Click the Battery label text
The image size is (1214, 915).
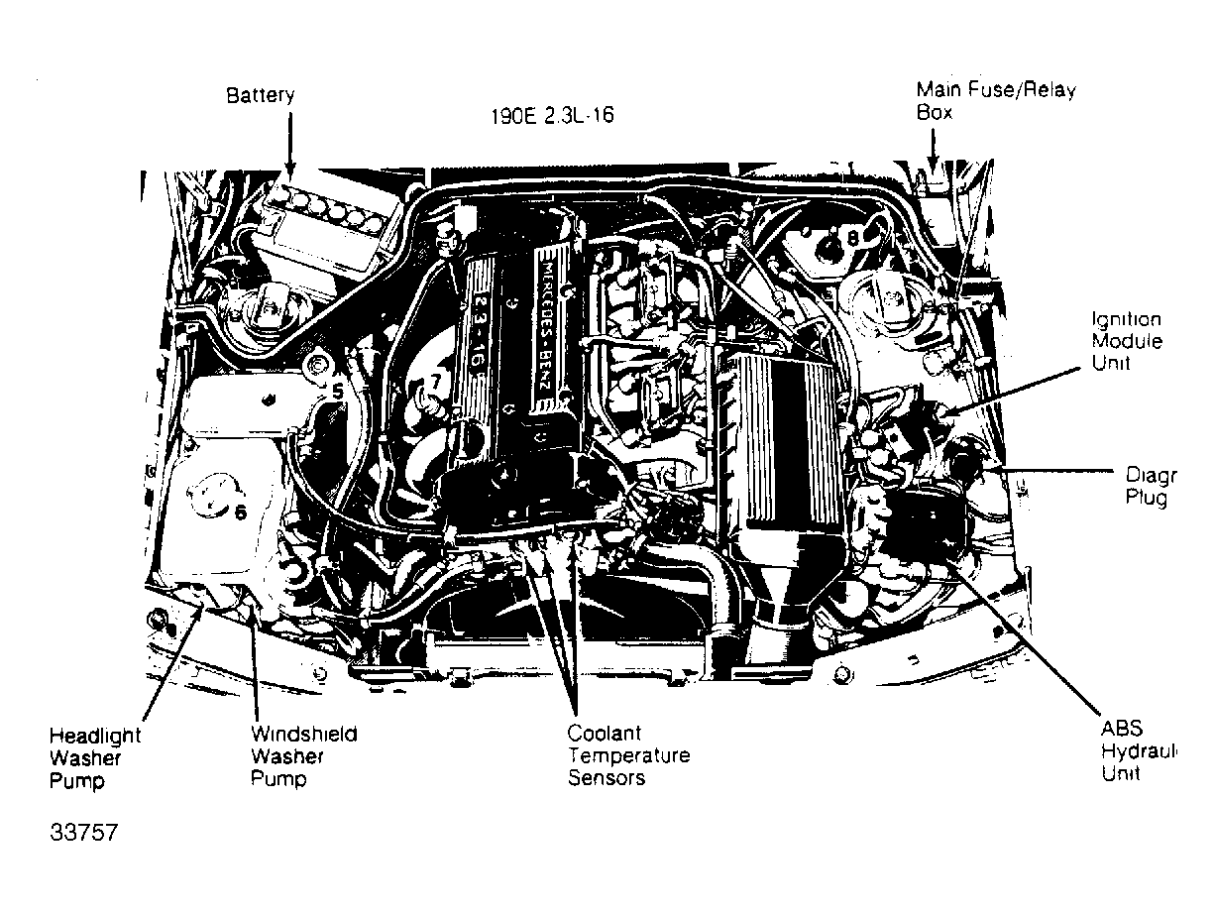260,96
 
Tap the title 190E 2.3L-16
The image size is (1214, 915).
552,115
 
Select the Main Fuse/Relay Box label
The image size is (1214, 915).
995,101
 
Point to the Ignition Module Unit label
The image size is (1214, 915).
1126,341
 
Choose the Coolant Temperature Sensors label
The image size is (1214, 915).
627,755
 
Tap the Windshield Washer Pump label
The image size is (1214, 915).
302,755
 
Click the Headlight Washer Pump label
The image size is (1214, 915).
95,758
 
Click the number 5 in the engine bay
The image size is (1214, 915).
337,392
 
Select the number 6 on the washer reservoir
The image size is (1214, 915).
240,512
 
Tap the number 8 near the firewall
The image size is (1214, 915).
852,238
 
